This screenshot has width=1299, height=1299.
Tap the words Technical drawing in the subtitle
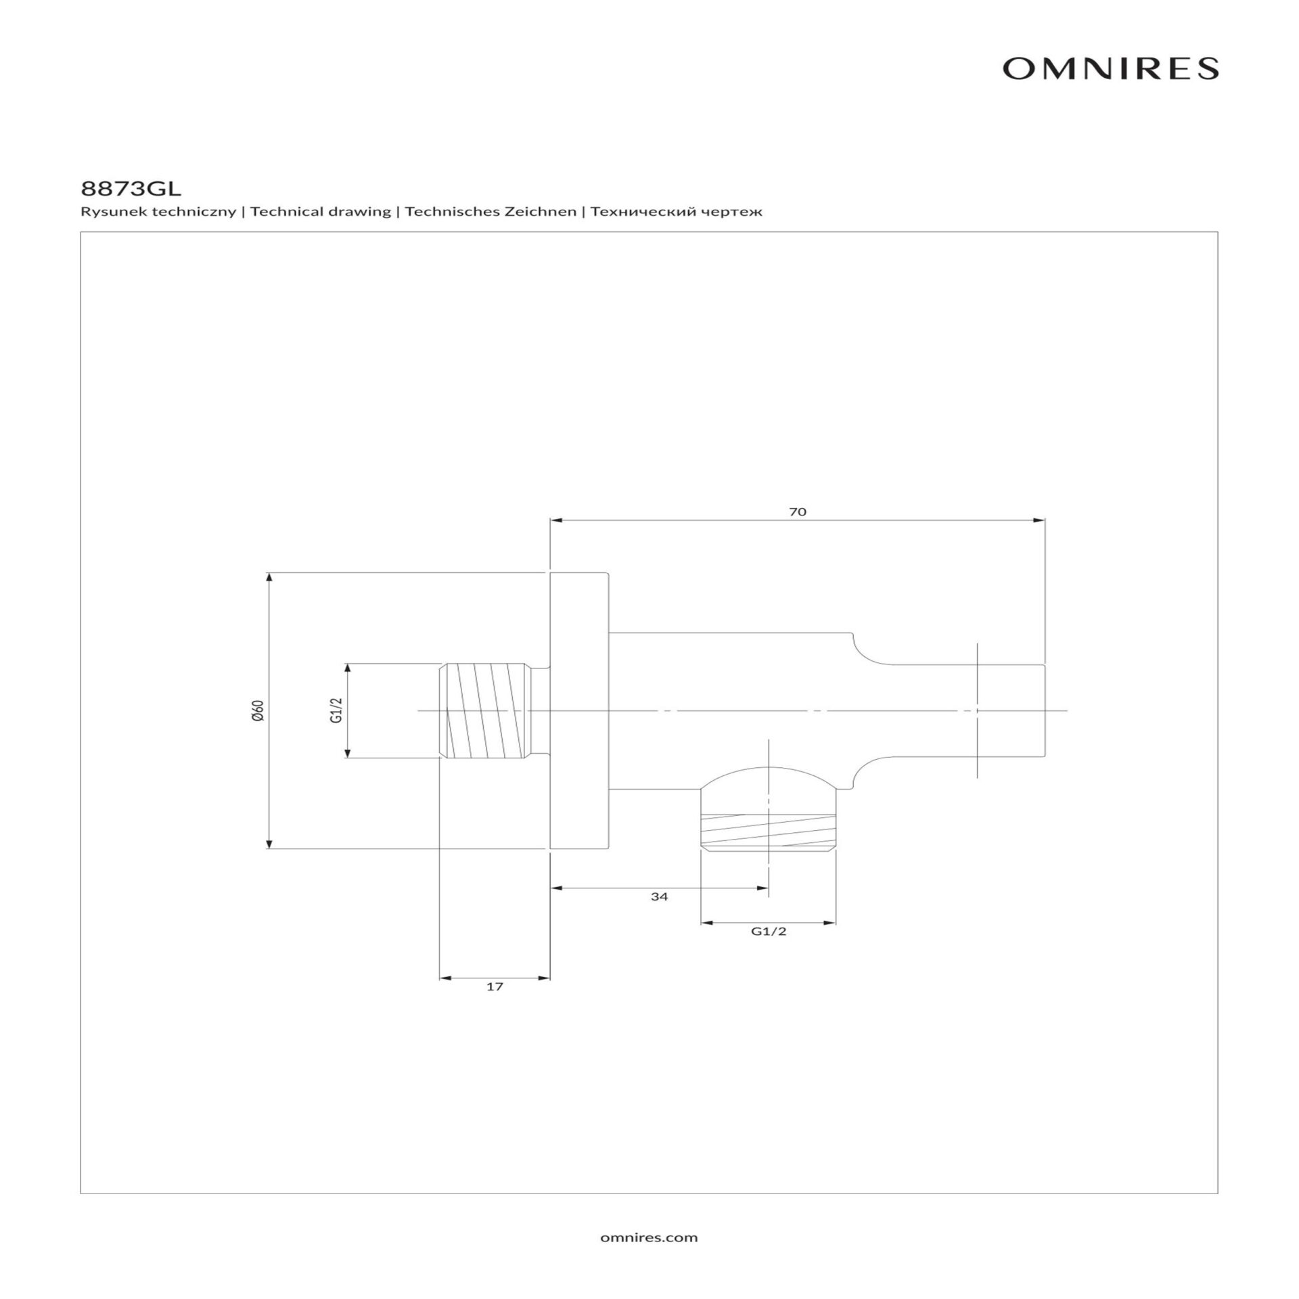(x=321, y=212)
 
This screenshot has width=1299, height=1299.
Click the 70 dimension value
(x=798, y=512)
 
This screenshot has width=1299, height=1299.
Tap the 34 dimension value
(x=659, y=896)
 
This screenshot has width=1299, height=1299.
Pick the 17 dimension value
(x=495, y=986)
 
